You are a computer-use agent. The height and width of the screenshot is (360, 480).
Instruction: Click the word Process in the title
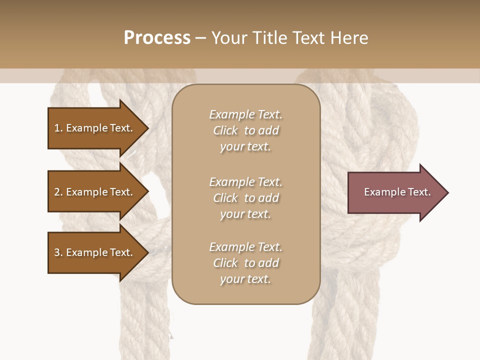pos(157,38)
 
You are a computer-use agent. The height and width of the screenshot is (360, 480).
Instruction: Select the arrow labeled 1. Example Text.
pos(93,128)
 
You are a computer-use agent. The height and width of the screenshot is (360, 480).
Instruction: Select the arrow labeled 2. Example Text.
pos(93,192)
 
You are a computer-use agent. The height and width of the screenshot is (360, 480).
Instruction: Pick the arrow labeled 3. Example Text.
pos(93,252)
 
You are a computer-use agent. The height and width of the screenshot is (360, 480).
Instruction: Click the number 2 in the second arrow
pos(57,192)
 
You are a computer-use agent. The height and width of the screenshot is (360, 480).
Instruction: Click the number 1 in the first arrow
pos(57,128)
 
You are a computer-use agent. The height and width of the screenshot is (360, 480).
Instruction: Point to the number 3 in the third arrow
pos(57,252)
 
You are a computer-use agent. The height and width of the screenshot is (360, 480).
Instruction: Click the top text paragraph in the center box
pos(245,130)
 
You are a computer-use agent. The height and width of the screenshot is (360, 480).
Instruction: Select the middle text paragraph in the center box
pos(245,198)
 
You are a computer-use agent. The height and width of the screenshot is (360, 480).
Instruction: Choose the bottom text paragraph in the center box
pos(245,263)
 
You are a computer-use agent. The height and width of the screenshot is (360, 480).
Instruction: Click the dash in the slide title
pos(200,38)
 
